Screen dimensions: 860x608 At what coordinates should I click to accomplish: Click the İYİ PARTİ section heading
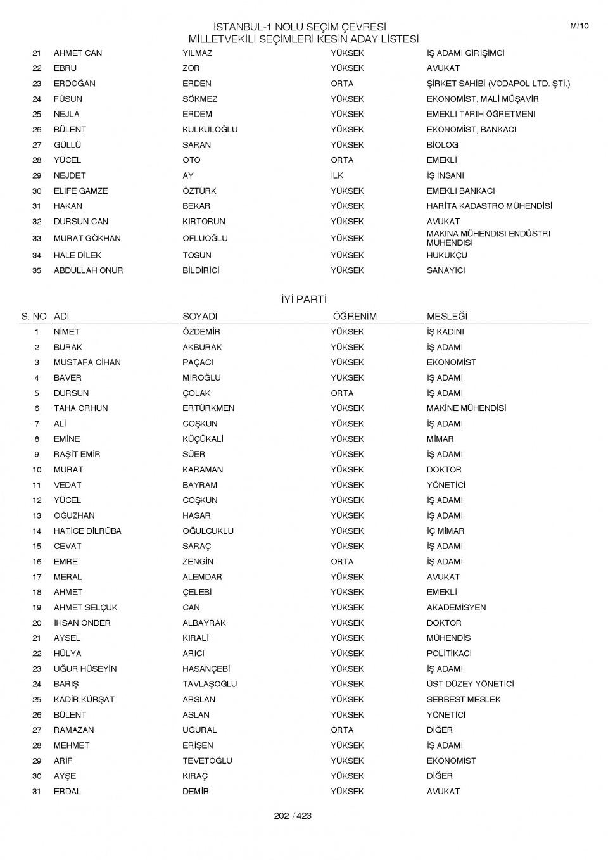[303, 300]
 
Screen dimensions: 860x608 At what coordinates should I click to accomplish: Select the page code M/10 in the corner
[579, 26]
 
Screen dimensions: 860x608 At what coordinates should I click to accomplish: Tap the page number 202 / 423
[293, 816]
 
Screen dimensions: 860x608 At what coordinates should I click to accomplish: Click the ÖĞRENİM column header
[354, 317]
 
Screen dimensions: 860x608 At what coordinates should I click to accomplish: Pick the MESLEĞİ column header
[446, 317]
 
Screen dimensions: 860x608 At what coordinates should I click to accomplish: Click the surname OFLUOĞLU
[205, 238]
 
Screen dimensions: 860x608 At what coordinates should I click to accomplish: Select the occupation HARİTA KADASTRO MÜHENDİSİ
[489, 206]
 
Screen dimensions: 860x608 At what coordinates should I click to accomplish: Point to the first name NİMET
[66, 332]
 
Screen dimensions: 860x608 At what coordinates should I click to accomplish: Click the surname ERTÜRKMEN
[208, 408]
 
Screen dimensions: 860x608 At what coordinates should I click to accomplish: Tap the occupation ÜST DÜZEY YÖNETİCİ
[470, 684]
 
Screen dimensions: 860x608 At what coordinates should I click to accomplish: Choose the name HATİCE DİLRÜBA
[87, 531]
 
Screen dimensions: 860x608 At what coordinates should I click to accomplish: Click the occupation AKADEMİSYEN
[456, 607]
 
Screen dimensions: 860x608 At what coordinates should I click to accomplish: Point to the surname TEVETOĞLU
[207, 761]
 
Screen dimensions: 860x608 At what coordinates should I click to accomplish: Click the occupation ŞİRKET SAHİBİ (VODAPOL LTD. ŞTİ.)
[498, 84]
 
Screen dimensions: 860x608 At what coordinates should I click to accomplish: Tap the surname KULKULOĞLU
[210, 129]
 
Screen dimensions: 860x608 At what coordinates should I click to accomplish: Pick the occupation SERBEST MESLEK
[463, 699]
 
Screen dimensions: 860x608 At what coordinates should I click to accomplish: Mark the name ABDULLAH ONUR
[88, 270]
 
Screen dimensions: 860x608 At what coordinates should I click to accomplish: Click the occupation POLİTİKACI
[449, 654]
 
